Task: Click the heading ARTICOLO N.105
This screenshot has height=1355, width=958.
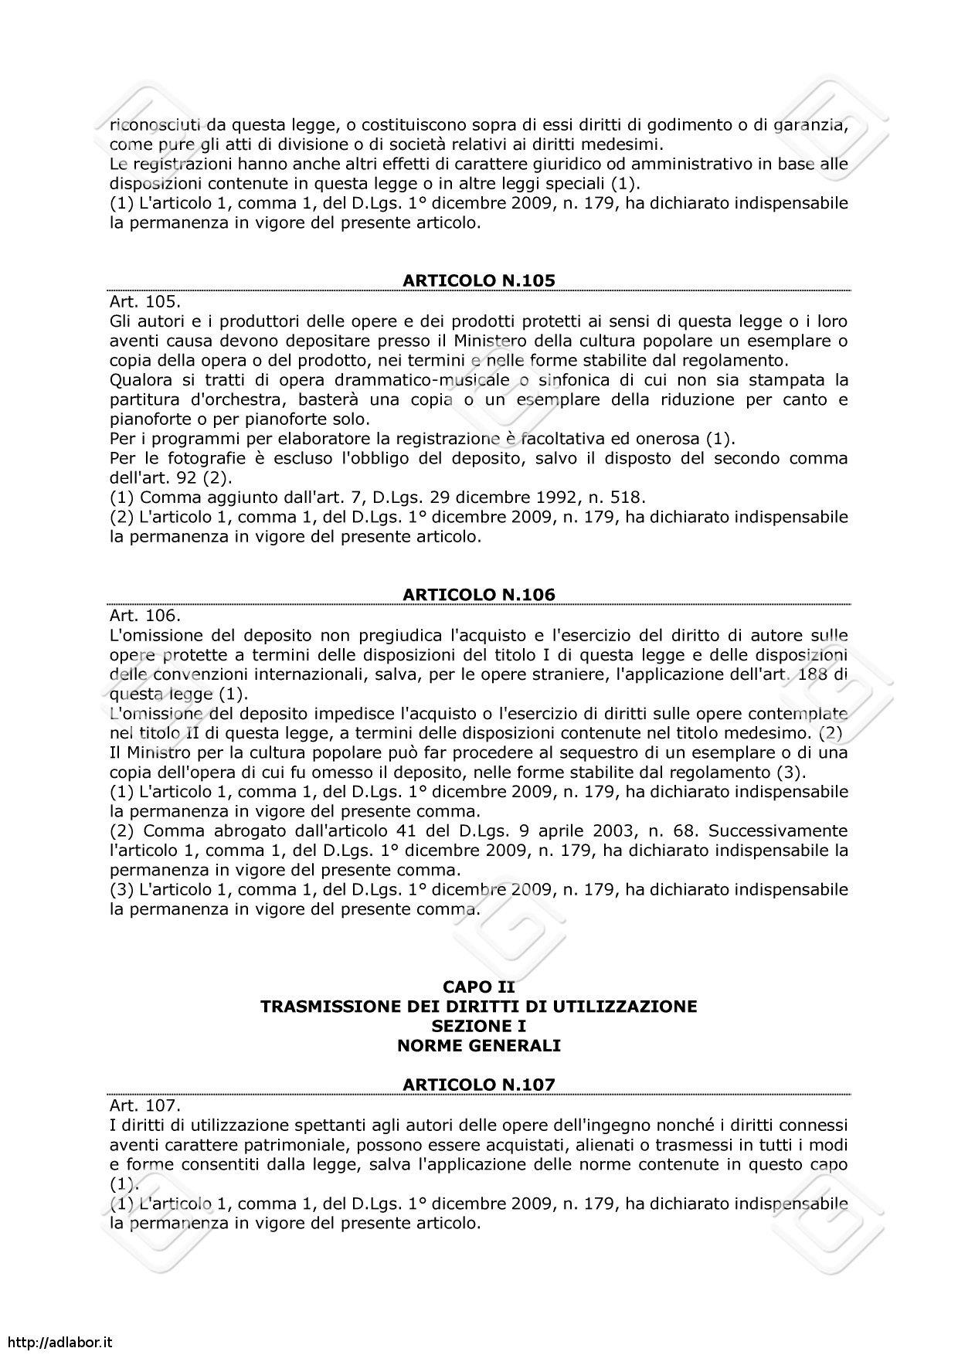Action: click(479, 280)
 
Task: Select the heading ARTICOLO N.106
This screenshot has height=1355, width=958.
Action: click(479, 594)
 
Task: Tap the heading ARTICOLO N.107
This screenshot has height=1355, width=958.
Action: click(479, 1085)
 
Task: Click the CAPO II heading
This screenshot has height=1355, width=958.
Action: click(479, 987)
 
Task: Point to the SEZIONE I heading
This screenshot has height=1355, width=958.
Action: click(479, 1026)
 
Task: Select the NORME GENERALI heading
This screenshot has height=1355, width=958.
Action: click(479, 1046)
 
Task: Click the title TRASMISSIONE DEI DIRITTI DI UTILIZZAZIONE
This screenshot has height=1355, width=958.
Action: click(479, 1007)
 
